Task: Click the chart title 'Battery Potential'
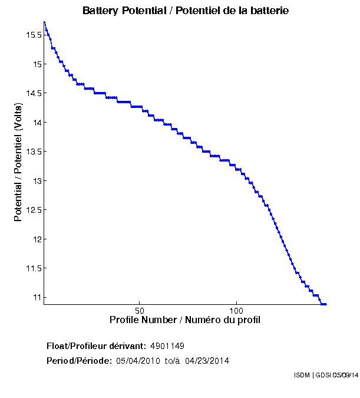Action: [185, 11]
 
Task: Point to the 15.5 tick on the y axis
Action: [33, 35]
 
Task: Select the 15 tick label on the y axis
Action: [37, 64]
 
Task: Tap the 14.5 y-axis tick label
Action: [33, 93]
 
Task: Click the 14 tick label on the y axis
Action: [37, 122]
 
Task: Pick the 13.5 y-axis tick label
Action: [33, 152]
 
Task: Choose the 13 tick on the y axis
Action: [37, 180]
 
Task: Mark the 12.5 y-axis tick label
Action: [33, 210]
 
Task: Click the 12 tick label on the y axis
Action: [37, 239]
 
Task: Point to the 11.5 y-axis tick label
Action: [33, 268]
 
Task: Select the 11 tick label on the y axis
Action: [37, 297]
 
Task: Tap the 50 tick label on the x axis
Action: [140, 311]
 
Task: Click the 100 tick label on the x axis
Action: [236, 311]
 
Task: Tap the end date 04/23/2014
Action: [207, 360]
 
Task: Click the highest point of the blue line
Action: [44, 22]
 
